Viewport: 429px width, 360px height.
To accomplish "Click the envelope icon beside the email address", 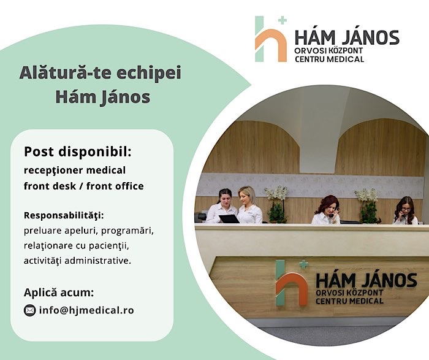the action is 29,310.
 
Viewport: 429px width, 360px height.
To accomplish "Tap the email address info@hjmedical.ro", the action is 86,310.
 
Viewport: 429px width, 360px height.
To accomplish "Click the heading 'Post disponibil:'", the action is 78,151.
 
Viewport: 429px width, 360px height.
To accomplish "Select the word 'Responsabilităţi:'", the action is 64,215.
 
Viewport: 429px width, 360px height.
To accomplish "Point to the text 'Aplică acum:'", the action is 59,293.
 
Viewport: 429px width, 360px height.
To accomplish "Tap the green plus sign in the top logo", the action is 283,20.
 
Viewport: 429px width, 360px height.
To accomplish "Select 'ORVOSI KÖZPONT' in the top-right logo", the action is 329,51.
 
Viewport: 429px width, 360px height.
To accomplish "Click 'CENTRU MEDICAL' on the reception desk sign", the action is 349,301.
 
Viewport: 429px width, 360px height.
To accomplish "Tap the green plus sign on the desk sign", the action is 303,264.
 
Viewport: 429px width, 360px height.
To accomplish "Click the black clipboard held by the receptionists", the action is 229,219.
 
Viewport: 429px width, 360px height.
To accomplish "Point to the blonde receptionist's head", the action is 246,196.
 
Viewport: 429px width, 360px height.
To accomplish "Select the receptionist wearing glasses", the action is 406,210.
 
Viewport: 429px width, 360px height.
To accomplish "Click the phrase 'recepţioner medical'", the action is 75,170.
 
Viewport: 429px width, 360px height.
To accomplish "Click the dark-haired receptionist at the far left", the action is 221,205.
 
